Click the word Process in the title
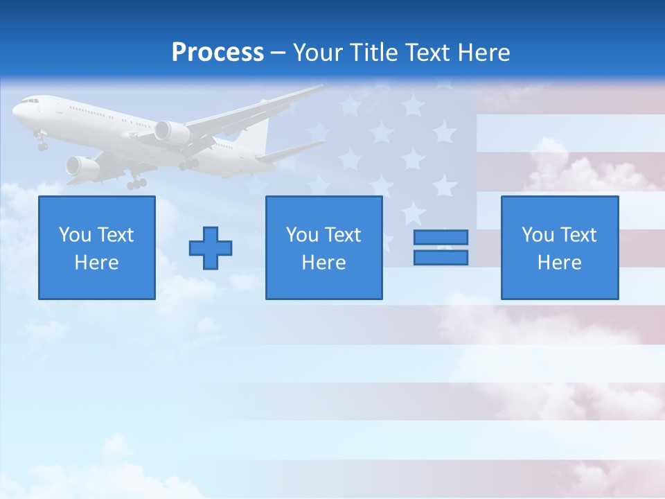tap(218, 52)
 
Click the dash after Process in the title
tap(278, 53)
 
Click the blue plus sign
tap(211, 247)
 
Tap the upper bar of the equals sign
tap(441, 237)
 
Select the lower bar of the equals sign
tap(441, 257)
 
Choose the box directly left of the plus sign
tap(97, 247)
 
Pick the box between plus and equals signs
tap(323, 247)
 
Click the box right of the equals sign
tap(560, 247)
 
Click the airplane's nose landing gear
tap(42, 144)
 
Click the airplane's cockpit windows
tap(30, 101)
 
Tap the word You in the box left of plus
tap(74, 235)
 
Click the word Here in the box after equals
tap(560, 263)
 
